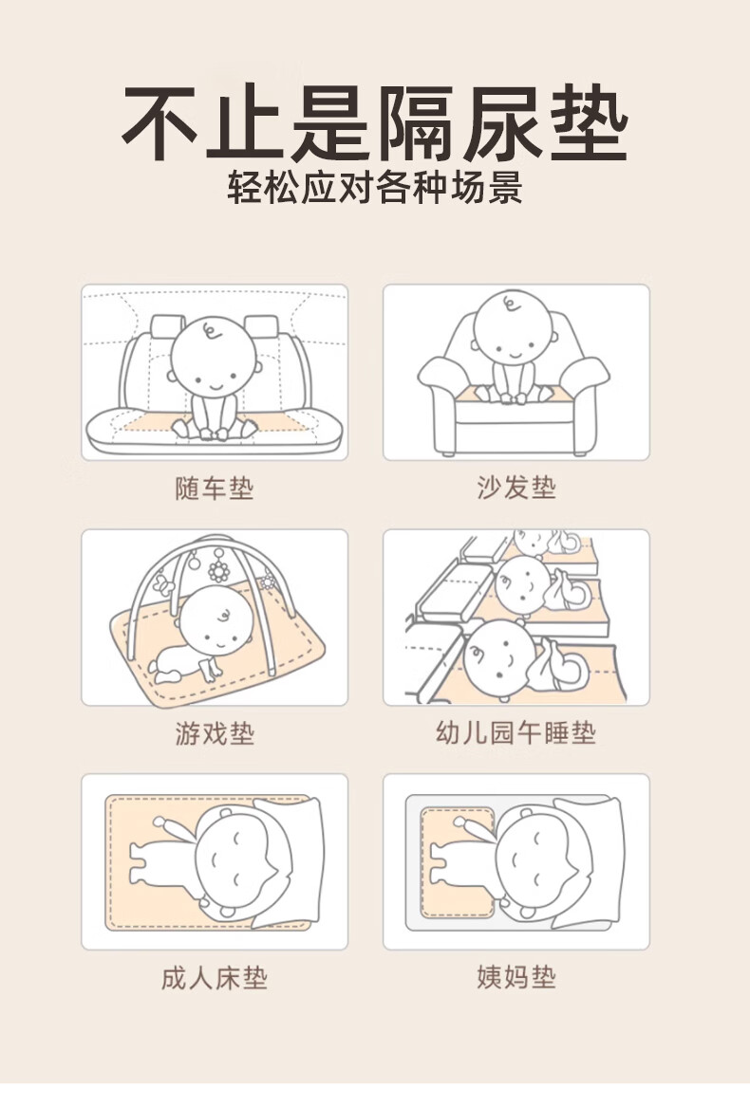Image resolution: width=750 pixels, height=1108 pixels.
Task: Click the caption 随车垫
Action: (x=215, y=489)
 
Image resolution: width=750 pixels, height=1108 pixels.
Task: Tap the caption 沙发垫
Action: (x=516, y=488)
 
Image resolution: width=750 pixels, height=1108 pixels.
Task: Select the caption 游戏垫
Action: (x=215, y=733)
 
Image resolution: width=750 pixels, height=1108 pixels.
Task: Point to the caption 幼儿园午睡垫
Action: (x=516, y=732)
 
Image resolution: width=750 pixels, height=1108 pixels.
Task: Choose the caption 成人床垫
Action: (x=215, y=979)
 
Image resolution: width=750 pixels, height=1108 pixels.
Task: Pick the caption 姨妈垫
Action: (x=516, y=978)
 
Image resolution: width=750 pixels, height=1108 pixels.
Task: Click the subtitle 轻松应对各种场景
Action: (x=375, y=188)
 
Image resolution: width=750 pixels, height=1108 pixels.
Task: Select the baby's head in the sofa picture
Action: (x=514, y=328)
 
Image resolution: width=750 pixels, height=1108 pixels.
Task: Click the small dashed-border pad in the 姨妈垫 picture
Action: (x=458, y=864)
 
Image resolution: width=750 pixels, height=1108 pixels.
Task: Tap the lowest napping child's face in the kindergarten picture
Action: (x=499, y=661)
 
